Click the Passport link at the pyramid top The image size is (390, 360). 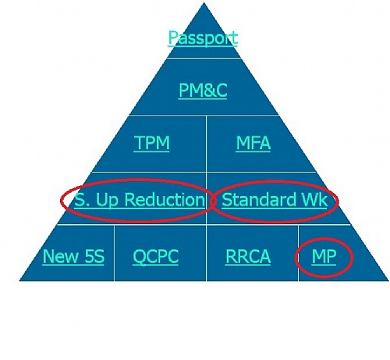(x=203, y=38)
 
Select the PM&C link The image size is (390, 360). (x=203, y=91)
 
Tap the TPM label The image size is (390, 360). (x=152, y=142)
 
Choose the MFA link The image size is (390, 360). (x=253, y=143)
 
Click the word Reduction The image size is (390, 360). (x=165, y=200)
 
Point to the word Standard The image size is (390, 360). (x=259, y=200)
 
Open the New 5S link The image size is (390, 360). (x=73, y=256)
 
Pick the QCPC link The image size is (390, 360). (x=155, y=256)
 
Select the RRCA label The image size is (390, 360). (x=248, y=256)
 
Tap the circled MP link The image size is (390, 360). (x=324, y=256)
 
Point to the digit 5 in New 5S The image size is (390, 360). (x=89, y=256)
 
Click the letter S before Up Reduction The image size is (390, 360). (x=79, y=200)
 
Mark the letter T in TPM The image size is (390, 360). (x=140, y=142)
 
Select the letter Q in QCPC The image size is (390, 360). (x=139, y=257)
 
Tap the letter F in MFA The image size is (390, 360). (x=253, y=143)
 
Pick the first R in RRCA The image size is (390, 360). (x=231, y=256)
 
